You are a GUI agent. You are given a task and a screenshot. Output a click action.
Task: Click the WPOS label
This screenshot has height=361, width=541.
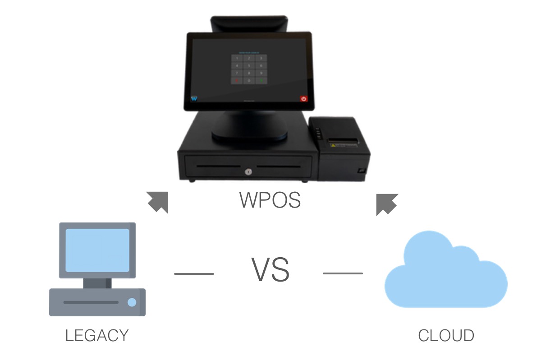[270, 200]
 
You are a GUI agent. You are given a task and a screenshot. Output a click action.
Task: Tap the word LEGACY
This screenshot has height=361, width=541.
[97, 336]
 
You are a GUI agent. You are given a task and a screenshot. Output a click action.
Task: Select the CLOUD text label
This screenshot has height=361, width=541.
[446, 336]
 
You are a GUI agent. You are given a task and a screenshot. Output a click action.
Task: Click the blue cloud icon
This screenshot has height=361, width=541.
[445, 272]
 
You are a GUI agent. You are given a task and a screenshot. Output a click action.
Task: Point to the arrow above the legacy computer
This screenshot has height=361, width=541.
[158, 201]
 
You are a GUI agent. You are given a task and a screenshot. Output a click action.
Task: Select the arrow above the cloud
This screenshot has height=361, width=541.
[386, 204]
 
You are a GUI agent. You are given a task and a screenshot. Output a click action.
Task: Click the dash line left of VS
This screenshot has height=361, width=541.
[194, 273]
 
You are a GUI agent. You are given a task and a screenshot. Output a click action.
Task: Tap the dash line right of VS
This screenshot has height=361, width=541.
[343, 273]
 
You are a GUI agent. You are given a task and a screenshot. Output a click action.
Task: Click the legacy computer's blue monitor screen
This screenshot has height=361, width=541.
[97, 250]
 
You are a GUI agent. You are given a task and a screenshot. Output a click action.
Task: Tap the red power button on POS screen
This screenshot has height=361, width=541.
[304, 98]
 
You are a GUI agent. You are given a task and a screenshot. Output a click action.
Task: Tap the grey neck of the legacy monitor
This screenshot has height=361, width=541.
[97, 283]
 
